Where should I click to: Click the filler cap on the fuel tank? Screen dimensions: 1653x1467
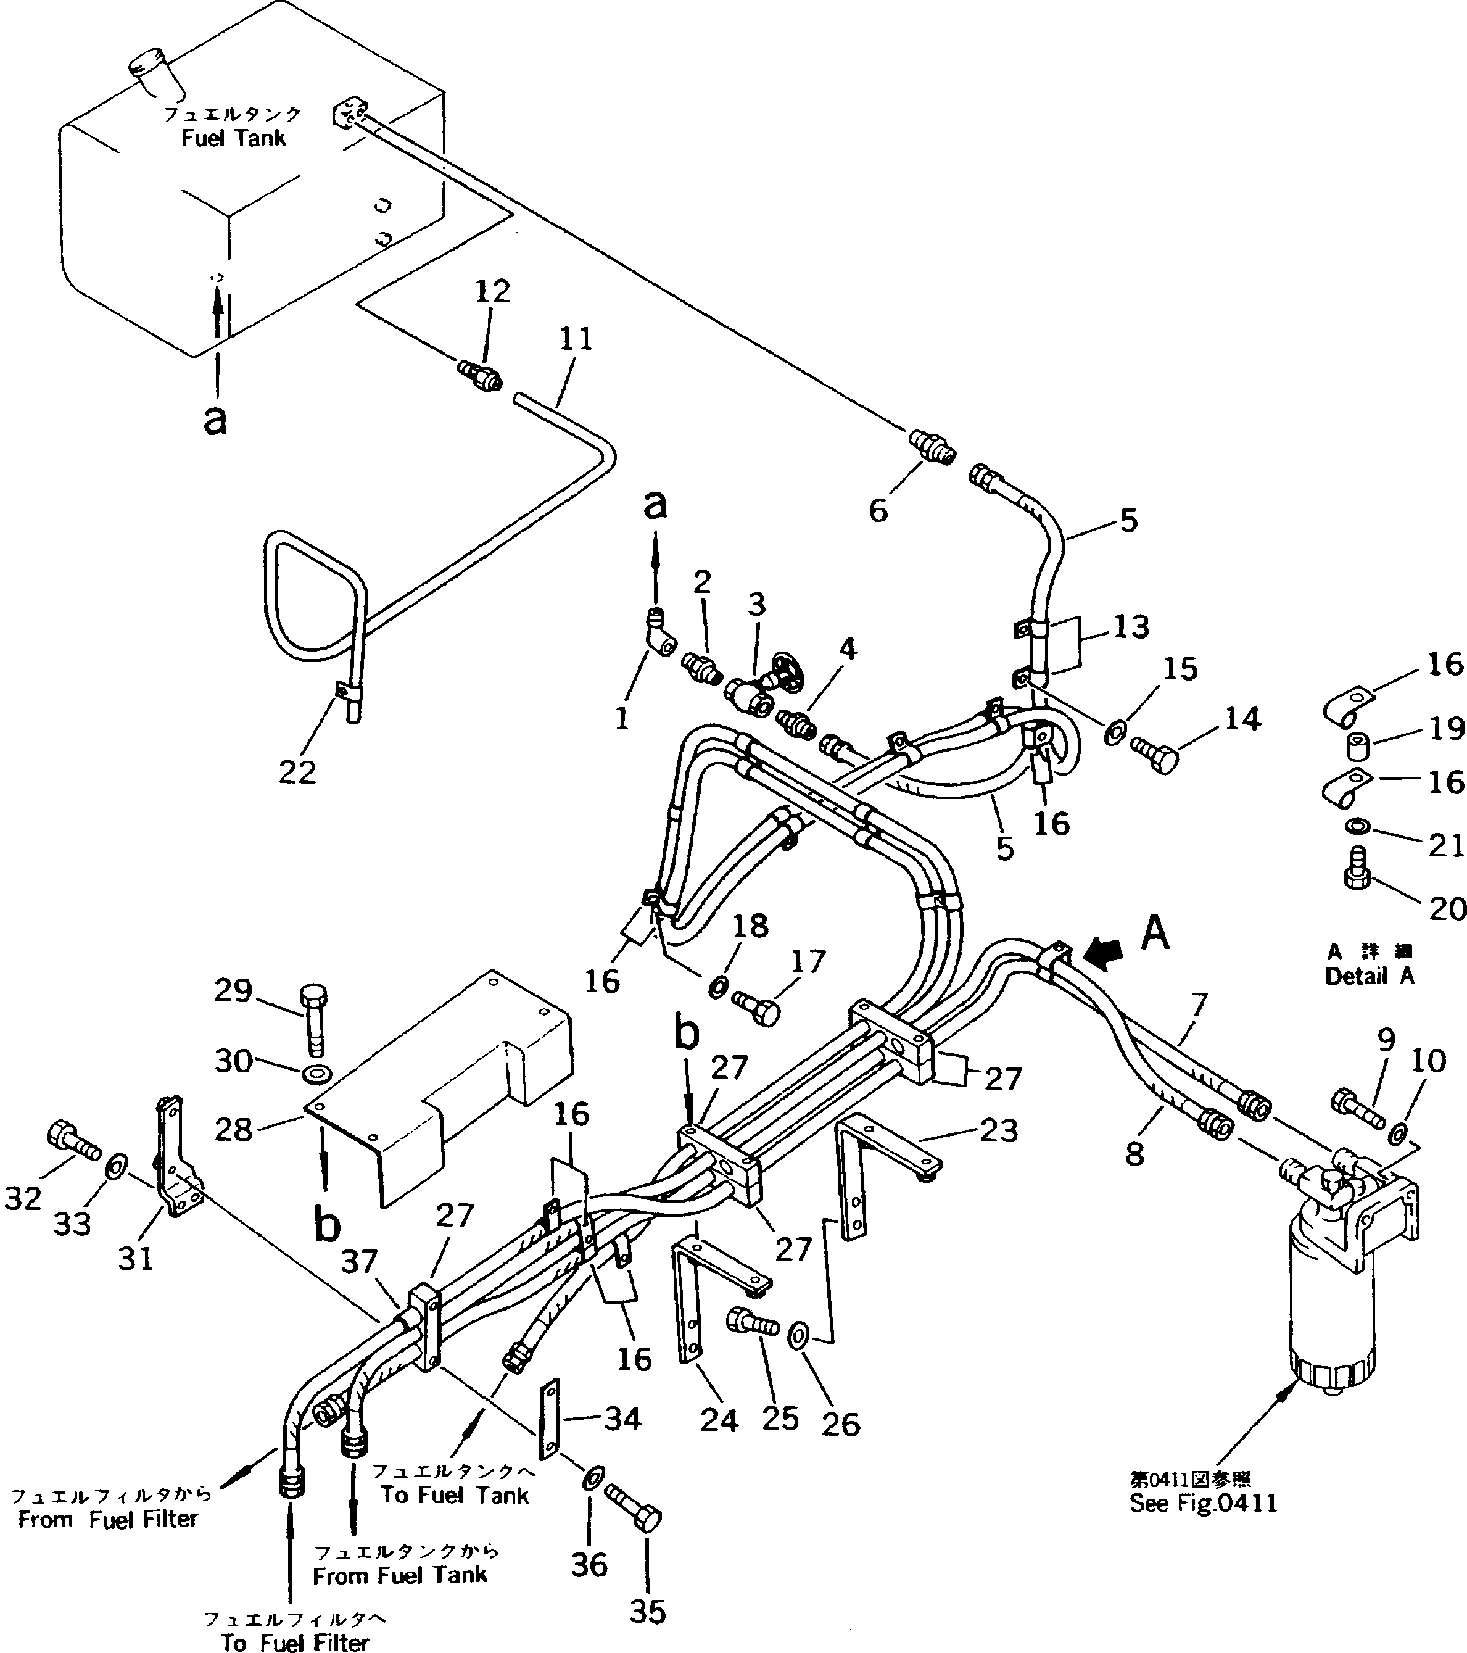[x=152, y=68]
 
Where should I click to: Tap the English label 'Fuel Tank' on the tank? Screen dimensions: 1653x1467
[x=233, y=138]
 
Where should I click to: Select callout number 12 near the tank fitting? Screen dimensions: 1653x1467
[x=492, y=292]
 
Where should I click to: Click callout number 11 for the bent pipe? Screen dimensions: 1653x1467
[x=576, y=339]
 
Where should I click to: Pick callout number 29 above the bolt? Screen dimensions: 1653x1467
[x=234, y=991]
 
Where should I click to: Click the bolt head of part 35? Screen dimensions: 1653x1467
[x=648, y=1520]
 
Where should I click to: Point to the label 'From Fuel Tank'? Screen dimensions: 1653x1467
[x=400, y=1575]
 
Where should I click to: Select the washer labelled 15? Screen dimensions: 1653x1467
[x=1114, y=734]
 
